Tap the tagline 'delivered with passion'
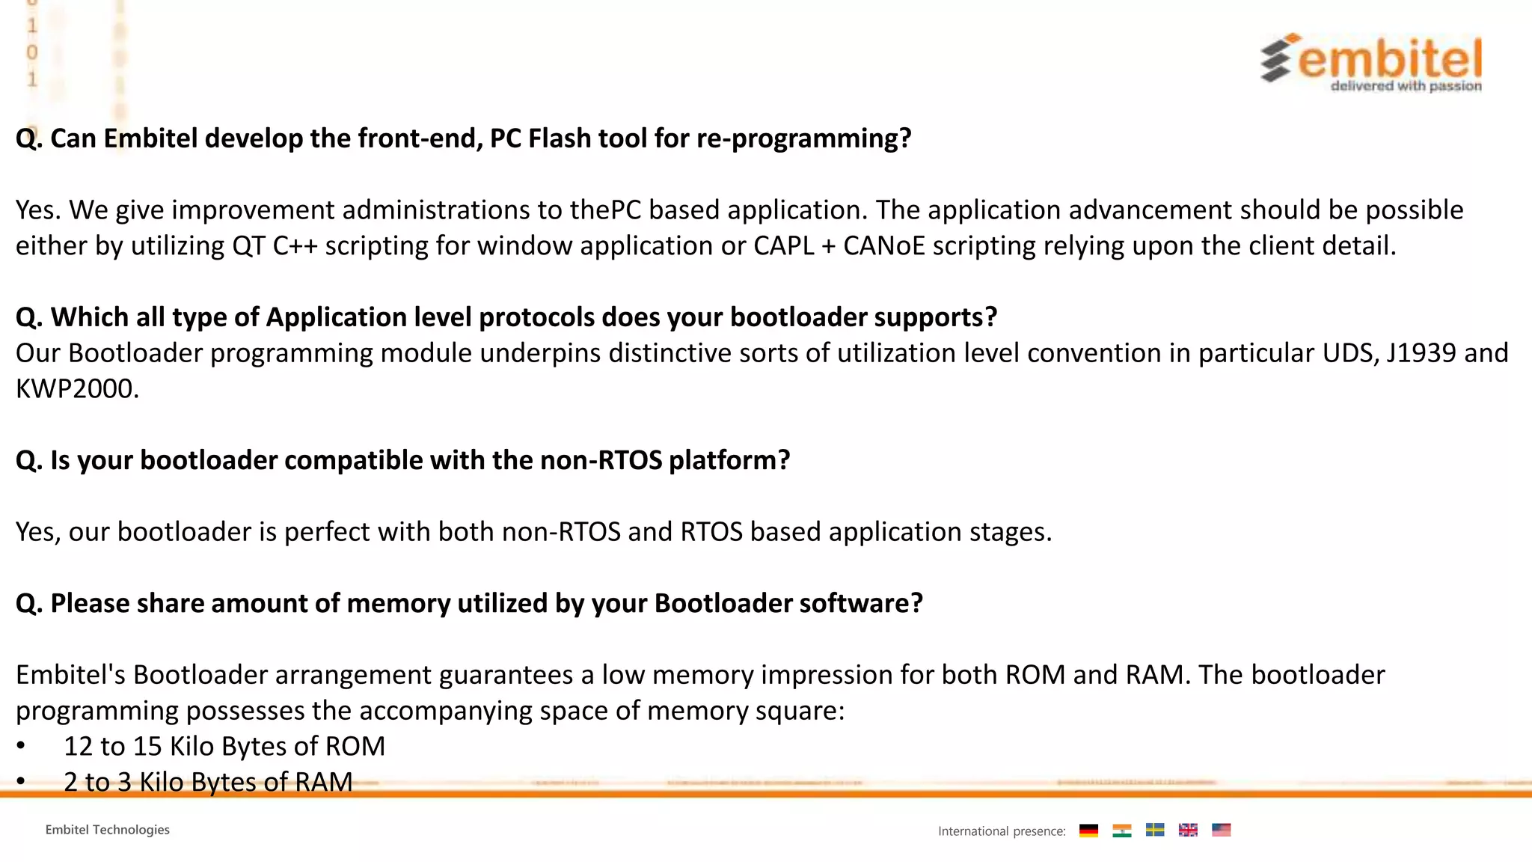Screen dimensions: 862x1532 (1406, 86)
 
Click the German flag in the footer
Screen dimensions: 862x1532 (1088, 830)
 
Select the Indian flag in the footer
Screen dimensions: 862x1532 (1121, 830)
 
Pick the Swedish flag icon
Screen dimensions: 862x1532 (1155, 830)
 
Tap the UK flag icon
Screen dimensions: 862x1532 (1188, 830)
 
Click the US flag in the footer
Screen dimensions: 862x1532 (1221, 830)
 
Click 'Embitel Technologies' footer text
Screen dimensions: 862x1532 (107, 830)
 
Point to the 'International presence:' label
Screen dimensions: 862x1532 (1001, 831)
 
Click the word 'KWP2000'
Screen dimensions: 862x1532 (76, 389)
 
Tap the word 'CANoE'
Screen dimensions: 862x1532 (884, 246)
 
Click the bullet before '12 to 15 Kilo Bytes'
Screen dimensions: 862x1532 (21, 746)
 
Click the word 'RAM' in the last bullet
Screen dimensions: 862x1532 (323, 782)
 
